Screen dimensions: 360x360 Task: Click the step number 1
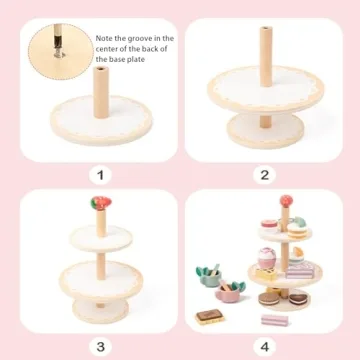pyautogui.click(x=99, y=175)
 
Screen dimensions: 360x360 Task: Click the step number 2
pyautogui.click(x=264, y=175)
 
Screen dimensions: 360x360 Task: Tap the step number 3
pyautogui.click(x=99, y=346)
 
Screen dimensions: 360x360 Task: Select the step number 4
pyautogui.click(x=264, y=346)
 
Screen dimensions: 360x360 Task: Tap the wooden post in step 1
pyautogui.click(x=100, y=95)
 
